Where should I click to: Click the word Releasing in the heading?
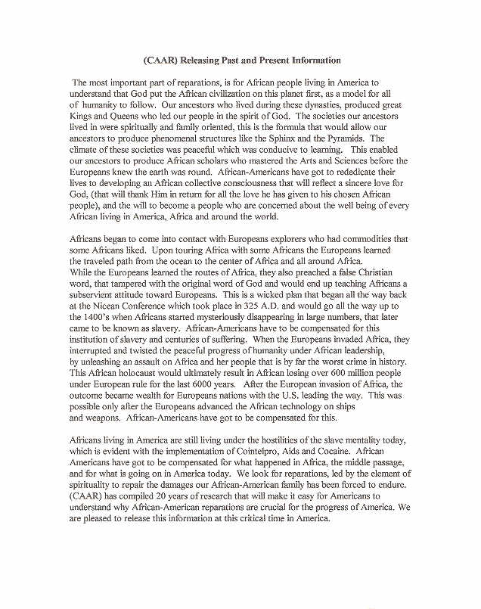point(199,59)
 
